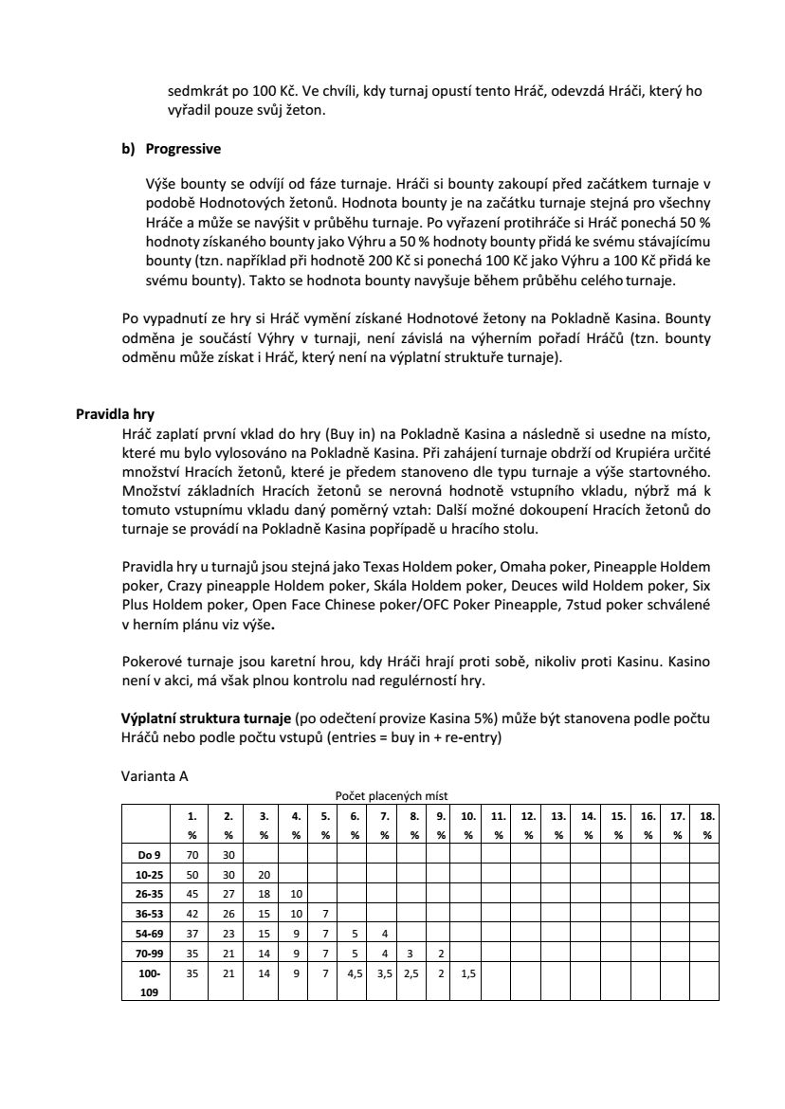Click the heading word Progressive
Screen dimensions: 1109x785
tap(183, 149)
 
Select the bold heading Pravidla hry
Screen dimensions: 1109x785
tap(115, 413)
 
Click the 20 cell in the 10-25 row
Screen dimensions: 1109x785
tap(264, 874)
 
